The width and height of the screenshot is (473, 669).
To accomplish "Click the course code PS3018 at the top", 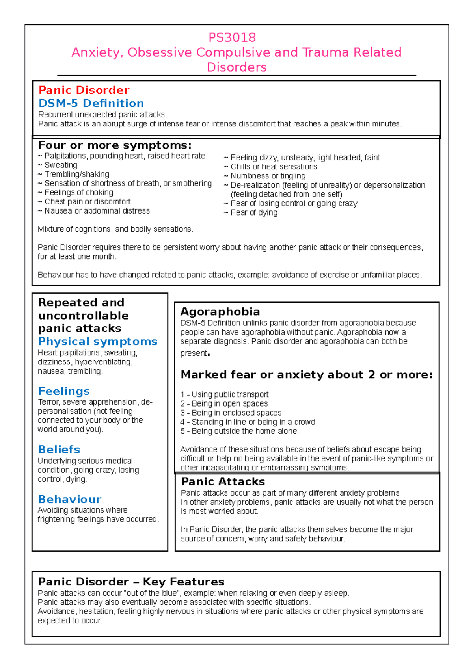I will pyautogui.click(x=232, y=37).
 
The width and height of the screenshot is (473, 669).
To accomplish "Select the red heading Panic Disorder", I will pyautogui.click(x=84, y=90).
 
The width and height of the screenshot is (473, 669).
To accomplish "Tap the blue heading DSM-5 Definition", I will pyautogui.click(x=91, y=103).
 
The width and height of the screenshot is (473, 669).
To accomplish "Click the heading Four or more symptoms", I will pyautogui.click(x=115, y=145).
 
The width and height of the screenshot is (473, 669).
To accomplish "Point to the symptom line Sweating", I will pyautogui.click(x=60, y=165).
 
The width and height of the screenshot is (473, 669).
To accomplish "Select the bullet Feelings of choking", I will pyautogui.click(x=78, y=192).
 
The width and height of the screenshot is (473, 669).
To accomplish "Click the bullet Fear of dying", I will pyautogui.click(x=253, y=213).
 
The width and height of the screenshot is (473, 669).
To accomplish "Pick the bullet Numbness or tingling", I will pyautogui.click(x=268, y=176).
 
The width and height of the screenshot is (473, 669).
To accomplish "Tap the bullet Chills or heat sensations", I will pyautogui.click(x=273, y=167).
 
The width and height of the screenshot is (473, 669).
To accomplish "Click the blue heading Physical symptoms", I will pyautogui.click(x=98, y=341).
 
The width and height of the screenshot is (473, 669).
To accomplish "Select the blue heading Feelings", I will pyautogui.click(x=64, y=391).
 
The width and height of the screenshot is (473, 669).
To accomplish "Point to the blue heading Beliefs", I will pyautogui.click(x=59, y=450).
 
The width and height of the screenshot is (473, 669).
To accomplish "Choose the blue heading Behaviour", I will pyautogui.click(x=70, y=499).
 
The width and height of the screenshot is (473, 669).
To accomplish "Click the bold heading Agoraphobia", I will pyautogui.click(x=220, y=312).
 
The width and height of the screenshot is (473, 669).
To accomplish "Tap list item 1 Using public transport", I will pyautogui.click(x=225, y=394).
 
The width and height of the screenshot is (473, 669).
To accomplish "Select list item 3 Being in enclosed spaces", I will pyautogui.click(x=231, y=413).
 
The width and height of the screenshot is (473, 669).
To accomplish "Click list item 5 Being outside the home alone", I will pyautogui.click(x=240, y=431).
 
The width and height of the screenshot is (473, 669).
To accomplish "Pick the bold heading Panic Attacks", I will pyautogui.click(x=223, y=481).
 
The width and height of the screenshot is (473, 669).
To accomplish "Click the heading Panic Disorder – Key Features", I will pyautogui.click(x=131, y=582).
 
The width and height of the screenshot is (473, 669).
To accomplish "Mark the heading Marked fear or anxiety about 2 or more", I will pyautogui.click(x=306, y=375).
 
